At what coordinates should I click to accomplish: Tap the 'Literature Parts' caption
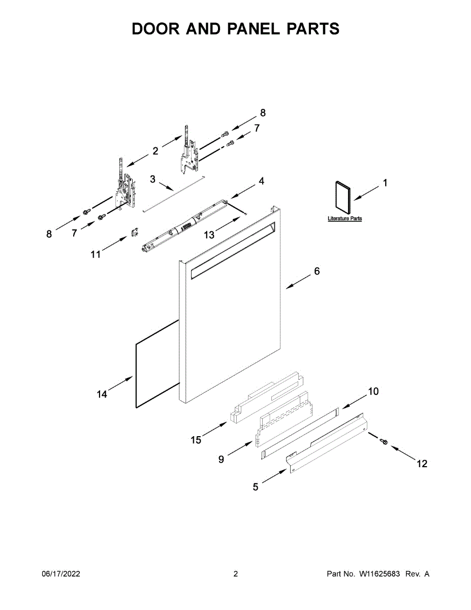[x=344, y=219]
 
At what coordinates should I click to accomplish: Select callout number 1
[x=385, y=183]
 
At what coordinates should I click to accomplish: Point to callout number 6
[x=317, y=271]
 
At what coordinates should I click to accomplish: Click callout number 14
[x=102, y=394]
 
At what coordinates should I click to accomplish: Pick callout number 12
[x=422, y=464]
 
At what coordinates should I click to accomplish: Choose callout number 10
[x=373, y=391]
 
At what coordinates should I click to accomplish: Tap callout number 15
[x=196, y=440]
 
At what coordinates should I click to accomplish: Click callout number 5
[x=256, y=487]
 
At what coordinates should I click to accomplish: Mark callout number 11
[x=96, y=254]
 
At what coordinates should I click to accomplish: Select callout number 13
[x=209, y=234]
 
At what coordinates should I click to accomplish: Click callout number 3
[x=152, y=179]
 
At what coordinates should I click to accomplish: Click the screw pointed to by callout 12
[x=384, y=442]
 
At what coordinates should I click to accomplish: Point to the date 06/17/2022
[x=60, y=574]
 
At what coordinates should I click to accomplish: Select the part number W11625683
[x=380, y=574]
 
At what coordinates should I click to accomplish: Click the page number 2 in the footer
[x=235, y=574]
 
